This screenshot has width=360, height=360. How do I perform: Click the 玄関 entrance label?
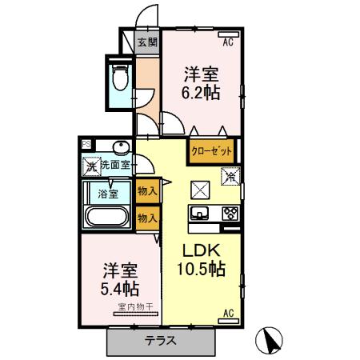[146, 42]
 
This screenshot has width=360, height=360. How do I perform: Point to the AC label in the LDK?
[228, 313]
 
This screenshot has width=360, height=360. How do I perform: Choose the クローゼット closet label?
[211, 150]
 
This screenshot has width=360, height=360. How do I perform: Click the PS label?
[86, 145]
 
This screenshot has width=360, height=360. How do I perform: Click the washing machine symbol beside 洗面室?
[90, 166]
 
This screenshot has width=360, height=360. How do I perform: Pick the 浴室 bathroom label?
[108, 193]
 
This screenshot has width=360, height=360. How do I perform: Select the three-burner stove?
[228, 213]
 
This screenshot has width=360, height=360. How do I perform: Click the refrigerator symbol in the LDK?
[230, 173]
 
